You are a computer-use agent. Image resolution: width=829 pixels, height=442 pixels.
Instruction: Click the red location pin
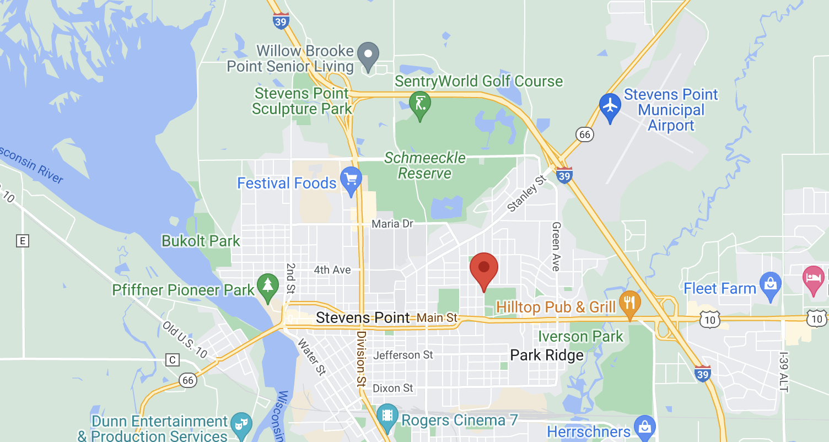[x=483, y=268]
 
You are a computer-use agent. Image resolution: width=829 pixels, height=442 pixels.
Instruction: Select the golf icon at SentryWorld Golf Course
[x=420, y=103]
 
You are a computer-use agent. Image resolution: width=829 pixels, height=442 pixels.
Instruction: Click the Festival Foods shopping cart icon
[x=351, y=179]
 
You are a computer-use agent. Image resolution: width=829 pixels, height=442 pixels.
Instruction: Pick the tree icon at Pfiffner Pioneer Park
[x=268, y=285]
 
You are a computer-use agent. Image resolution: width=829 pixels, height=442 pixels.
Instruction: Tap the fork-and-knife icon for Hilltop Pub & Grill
[x=629, y=303]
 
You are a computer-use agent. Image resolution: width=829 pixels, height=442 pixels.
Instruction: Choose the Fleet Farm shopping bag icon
[x=770, y=284]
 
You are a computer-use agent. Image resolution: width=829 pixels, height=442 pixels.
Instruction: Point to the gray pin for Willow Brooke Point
[x=368, y=55]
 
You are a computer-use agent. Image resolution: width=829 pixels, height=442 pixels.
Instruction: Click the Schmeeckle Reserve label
[x=425, y=166]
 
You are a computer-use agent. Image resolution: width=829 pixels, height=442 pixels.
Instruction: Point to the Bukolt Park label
[x=201, y=241]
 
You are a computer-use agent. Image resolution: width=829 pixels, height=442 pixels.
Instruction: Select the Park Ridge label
[x=547, y=355]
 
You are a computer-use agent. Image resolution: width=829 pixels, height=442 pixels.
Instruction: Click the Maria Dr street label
[x=392, y=224]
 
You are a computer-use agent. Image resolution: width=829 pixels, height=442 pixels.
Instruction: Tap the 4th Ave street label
[x=332, y=270]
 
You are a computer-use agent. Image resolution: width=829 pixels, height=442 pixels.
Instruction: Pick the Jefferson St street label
[x=403, y=355]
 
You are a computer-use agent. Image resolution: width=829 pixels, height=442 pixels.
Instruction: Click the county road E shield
[x=23, y=241]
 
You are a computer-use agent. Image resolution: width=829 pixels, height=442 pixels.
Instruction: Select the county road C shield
[x=173, y=360]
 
